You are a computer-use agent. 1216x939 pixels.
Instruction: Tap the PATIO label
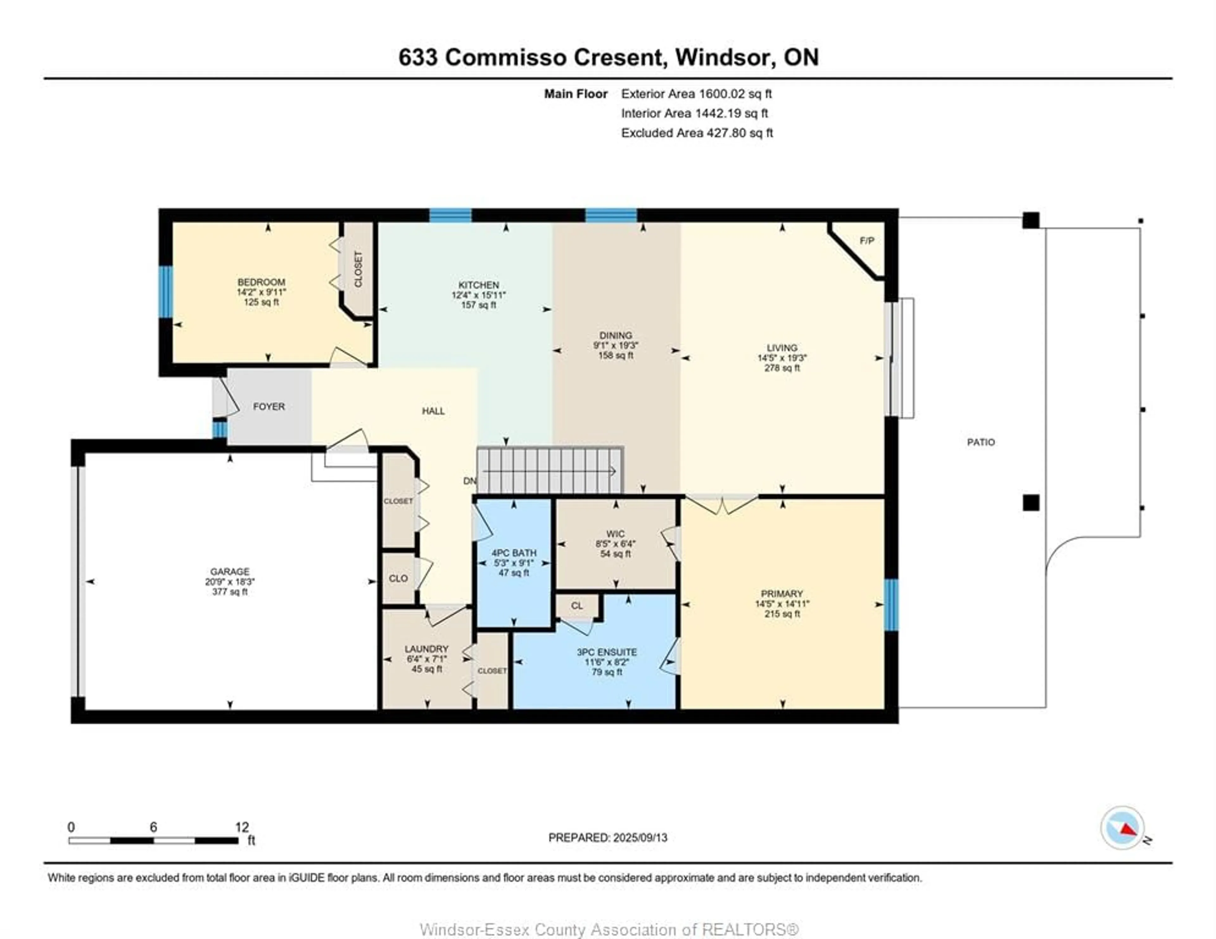tap(980, 442)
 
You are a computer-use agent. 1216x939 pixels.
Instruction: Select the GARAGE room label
tap(229, 572)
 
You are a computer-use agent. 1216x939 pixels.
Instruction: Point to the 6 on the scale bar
tap(153, 827)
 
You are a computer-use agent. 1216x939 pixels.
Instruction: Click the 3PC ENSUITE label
tap(607, 652)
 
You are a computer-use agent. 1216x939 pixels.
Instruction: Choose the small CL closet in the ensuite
tap(577, 606)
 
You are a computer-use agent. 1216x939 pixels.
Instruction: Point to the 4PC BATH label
tap(513, 553)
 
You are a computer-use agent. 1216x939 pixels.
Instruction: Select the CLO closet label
tap(398, 578)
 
